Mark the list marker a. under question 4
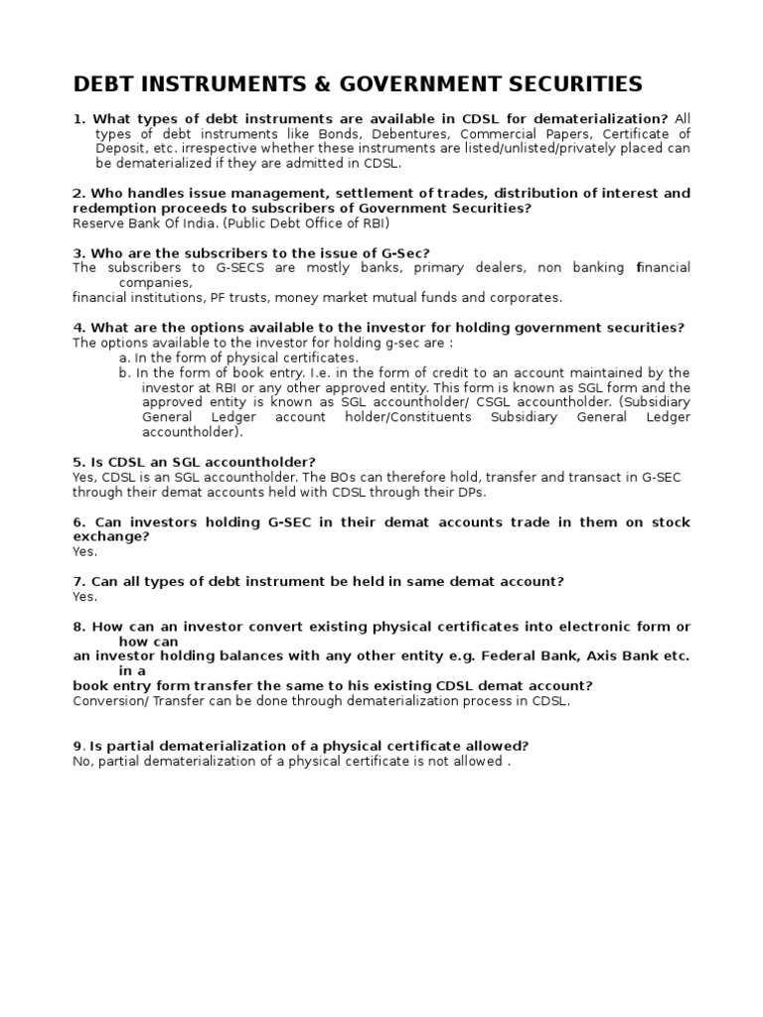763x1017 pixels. click(x=124, y=358)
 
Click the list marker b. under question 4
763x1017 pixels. click(x=124, y=372)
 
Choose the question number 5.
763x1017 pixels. click(x=78, y=462)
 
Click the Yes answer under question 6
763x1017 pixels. click(x=84, y=551)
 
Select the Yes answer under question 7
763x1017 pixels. click(x=84, y=597)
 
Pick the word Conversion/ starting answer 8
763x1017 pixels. click(x=109, y=701)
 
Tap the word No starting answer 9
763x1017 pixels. click(x=82, y=762)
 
